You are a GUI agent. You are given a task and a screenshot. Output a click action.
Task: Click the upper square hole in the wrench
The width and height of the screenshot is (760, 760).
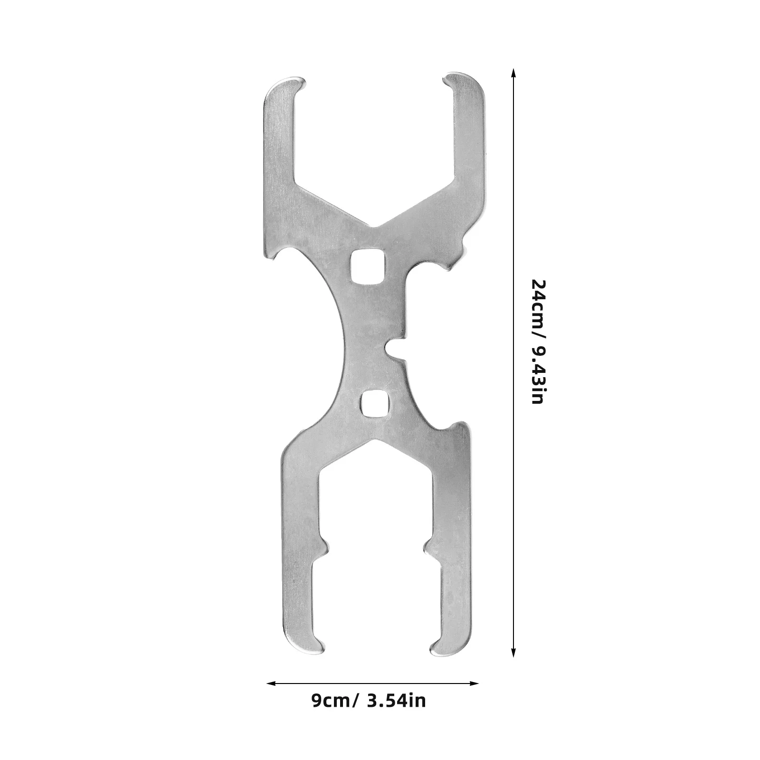pyautogui.click(x=363, y=268)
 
